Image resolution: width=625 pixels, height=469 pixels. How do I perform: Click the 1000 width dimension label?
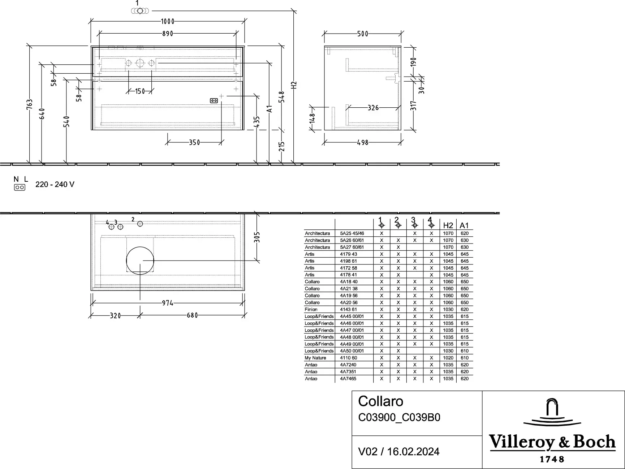168,21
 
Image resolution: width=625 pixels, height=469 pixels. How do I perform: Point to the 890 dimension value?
168,34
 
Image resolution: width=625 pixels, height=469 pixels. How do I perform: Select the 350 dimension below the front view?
194,143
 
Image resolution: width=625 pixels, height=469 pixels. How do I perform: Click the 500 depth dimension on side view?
363,34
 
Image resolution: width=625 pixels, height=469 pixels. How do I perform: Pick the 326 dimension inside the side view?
373,108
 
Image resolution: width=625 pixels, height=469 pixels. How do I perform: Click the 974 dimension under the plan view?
168,303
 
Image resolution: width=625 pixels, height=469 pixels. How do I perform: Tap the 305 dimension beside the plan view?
257,237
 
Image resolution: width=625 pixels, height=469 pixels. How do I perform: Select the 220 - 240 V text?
55,184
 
